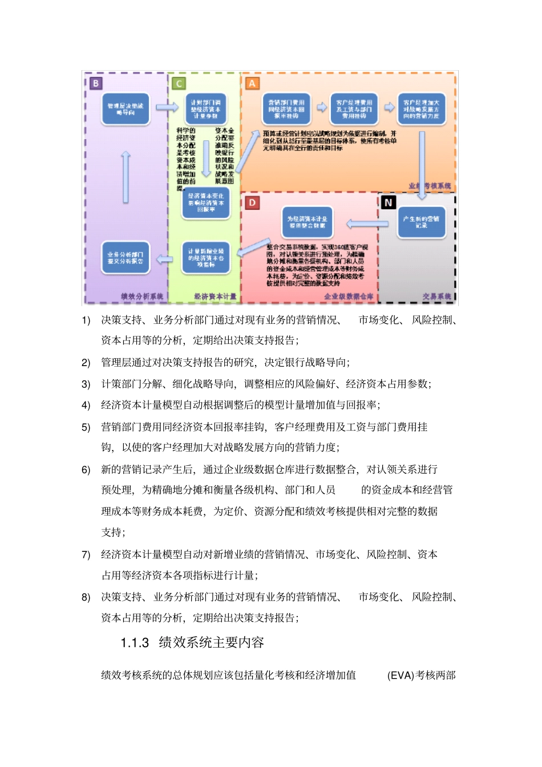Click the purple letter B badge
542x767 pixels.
pyautogui.click(x=95, y=83)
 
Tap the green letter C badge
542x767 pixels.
pyautogui.click(x=179, y=84)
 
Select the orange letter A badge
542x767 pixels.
pyautogui.click(x=252, y=83)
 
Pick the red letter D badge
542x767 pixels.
pyautogui.click(x=252, y=202)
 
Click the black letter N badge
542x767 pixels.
pyautogui.click(x=388, y=202)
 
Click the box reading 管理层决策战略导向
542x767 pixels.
pyautogui.click(x=126, y=109)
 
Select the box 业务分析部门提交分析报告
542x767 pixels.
pyautogui.click(x=126, y=258)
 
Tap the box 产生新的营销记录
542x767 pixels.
pyautogui.click(x=421, y=222)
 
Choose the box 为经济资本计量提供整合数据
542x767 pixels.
pyautogui.click(x=307, y=222)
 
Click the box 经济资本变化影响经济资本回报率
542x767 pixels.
pyautogui.click(x=206, y=203)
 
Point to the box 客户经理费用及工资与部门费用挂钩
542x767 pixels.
pyautogui.click(x=354, y=109)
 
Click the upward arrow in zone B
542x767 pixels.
pyautogui.click(x=126, y=177)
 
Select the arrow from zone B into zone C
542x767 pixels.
pyautogui.click(x=167, y=107)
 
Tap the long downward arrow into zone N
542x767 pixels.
pyautogui.click(x=422, y=165)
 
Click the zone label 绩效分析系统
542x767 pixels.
pyautogui.click(x=142, y=297)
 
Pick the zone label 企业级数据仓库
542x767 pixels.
pyautogui.click(x=349, y=297)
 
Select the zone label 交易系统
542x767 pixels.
pyautogui.click(x=437, y=297)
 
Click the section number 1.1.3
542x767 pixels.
pyautogui.click(x=135, y=643)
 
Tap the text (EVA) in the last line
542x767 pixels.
pyautogui.click(x=401, y=676)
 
